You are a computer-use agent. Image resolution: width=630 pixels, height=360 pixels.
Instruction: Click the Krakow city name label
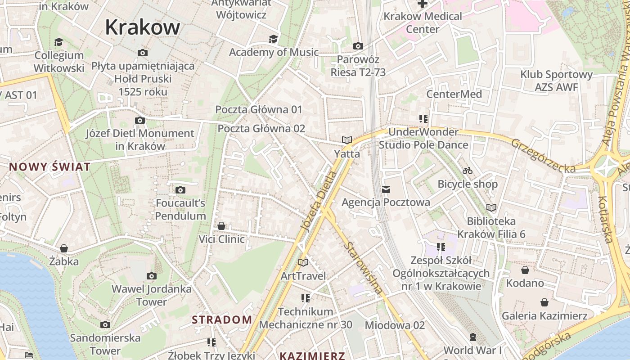coord(142,27)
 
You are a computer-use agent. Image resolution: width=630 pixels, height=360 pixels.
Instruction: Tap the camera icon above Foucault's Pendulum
coord(180,190)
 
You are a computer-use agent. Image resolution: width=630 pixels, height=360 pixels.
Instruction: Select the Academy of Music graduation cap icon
coord(273,39)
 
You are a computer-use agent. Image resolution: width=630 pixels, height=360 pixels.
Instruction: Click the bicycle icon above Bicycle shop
coord(468,171)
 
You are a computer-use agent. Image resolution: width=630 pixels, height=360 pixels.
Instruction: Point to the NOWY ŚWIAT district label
coord(49,167)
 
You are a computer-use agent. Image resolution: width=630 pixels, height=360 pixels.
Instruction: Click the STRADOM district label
coord(222,320)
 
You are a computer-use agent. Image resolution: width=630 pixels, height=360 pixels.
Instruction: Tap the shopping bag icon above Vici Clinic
coord(221,226)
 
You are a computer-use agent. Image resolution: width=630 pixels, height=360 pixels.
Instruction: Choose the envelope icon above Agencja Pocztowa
coord(386,189)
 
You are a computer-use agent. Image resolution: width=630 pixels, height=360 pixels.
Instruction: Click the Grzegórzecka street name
coord(543,156)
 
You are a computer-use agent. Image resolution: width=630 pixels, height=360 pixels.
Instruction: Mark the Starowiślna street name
coord(364,268)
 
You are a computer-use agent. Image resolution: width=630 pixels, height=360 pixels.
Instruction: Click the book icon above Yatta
coord(346,140)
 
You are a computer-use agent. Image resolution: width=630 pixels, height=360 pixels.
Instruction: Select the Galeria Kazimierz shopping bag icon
coord(544,302)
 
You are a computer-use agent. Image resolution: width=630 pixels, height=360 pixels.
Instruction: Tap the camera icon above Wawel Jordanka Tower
coord(152,276)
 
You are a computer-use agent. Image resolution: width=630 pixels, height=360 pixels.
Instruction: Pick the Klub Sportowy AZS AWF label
coord(556,81)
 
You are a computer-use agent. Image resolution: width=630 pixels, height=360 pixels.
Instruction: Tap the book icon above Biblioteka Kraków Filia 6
coord(491,207)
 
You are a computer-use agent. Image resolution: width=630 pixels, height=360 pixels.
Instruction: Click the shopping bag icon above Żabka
coord(64,248)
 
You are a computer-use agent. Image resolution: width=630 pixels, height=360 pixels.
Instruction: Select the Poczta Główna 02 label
coord(261,129)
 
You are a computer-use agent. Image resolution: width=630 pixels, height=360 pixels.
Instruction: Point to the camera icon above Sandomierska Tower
coord(105,324)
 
